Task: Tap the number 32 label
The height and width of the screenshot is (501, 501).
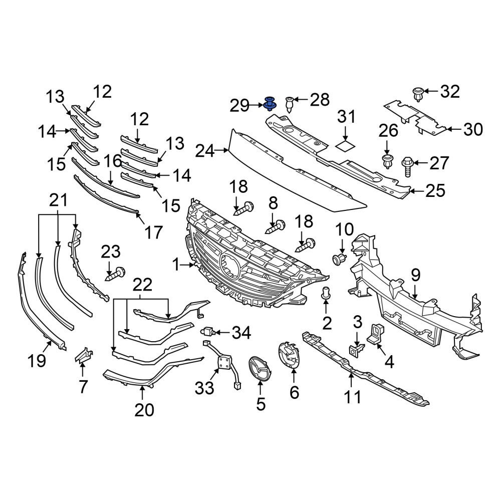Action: click(x=450, y=92)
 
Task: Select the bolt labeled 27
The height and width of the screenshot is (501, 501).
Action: click(x=408, y=166)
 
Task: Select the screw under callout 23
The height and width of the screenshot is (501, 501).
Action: click(x=115, y=274)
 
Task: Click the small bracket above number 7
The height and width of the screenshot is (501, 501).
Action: click(x=83, y=355)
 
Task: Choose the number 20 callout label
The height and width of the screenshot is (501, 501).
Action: click(x=144, y=410)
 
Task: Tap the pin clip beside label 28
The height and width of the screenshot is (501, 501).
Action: click(x=289, y=104)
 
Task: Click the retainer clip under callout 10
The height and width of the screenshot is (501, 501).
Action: click(x=339, y=259)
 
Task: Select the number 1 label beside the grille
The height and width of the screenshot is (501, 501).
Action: click(x=176, y=265)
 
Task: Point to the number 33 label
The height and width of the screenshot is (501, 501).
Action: click(x=204, y=388)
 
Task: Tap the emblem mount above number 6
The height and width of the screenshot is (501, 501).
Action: click(x=289, y=355)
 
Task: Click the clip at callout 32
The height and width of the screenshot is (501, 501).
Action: click(x=418, y=94)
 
